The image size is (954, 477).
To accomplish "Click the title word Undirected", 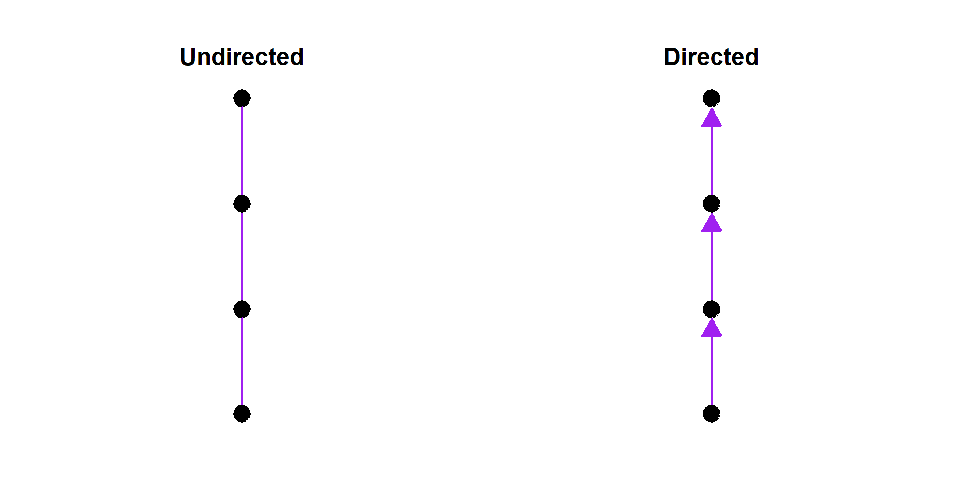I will click(241, 57).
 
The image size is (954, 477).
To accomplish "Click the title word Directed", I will click(711, 57).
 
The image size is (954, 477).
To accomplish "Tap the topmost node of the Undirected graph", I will click(242, 98).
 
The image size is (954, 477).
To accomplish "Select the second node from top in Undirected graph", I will click(242, 204).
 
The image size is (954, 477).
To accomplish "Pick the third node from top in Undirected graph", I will click(242, 309).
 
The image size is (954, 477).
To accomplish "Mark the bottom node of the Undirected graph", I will click(242, 414).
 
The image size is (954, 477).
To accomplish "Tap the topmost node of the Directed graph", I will click(712, 98).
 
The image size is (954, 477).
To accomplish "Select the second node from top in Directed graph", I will click(712, 204).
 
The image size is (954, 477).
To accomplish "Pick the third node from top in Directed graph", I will click(712, 309).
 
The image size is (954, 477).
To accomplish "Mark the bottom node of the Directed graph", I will click(712, 414).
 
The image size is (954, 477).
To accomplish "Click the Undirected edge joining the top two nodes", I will click(242, 151).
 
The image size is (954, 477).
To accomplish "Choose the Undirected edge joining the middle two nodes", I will click(242, 256).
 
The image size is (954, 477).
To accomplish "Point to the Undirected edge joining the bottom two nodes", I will click(242, 362).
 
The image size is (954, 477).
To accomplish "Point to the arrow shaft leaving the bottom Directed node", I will click(712, 373).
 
